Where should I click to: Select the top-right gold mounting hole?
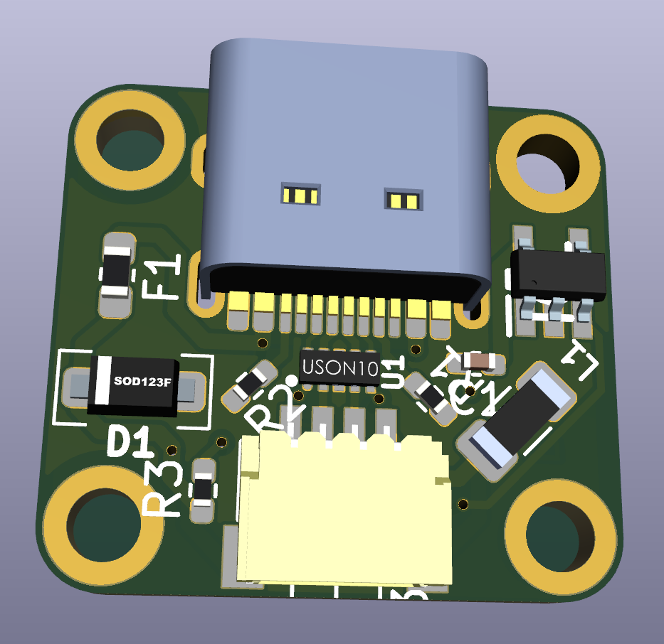pos(547,163)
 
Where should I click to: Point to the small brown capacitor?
pos(481,362)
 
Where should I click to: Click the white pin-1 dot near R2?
pos(291,381)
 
